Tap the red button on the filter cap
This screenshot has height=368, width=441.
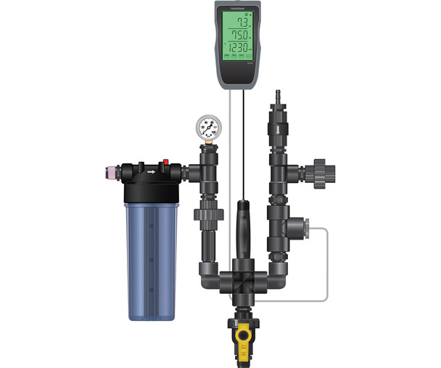165,162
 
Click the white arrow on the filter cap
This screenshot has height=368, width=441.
151,173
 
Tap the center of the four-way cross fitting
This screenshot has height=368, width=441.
242,279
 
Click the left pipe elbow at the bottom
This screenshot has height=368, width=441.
209,275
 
